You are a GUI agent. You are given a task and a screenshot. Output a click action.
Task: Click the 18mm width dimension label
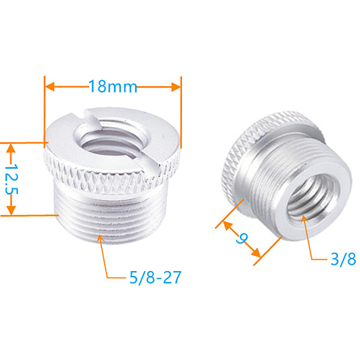(112, 88)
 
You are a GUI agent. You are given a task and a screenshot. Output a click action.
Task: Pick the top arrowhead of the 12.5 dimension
(10, 147)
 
